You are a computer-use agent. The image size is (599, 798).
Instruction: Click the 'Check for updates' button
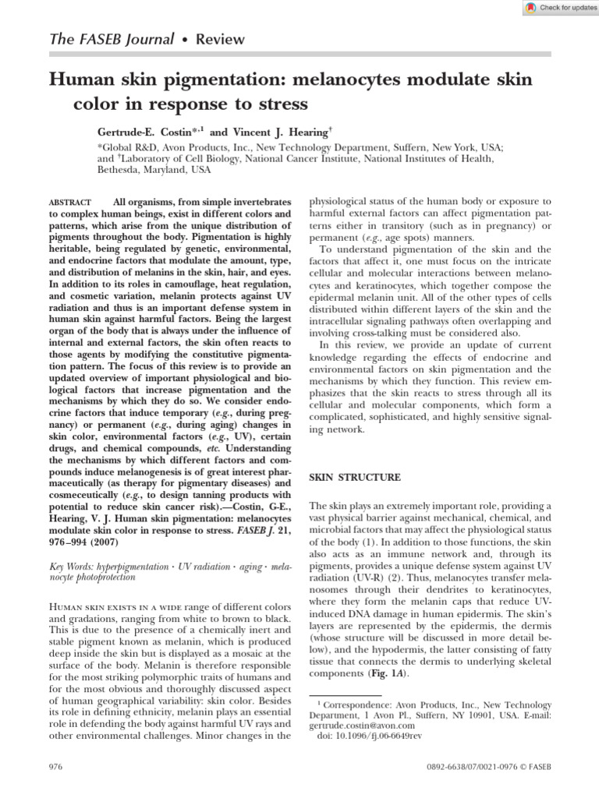click(x=557, y=7)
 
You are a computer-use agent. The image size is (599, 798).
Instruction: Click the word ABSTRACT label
click(x=69, y=202)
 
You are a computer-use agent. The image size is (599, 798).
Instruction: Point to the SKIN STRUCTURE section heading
click(x=355, y=477)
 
